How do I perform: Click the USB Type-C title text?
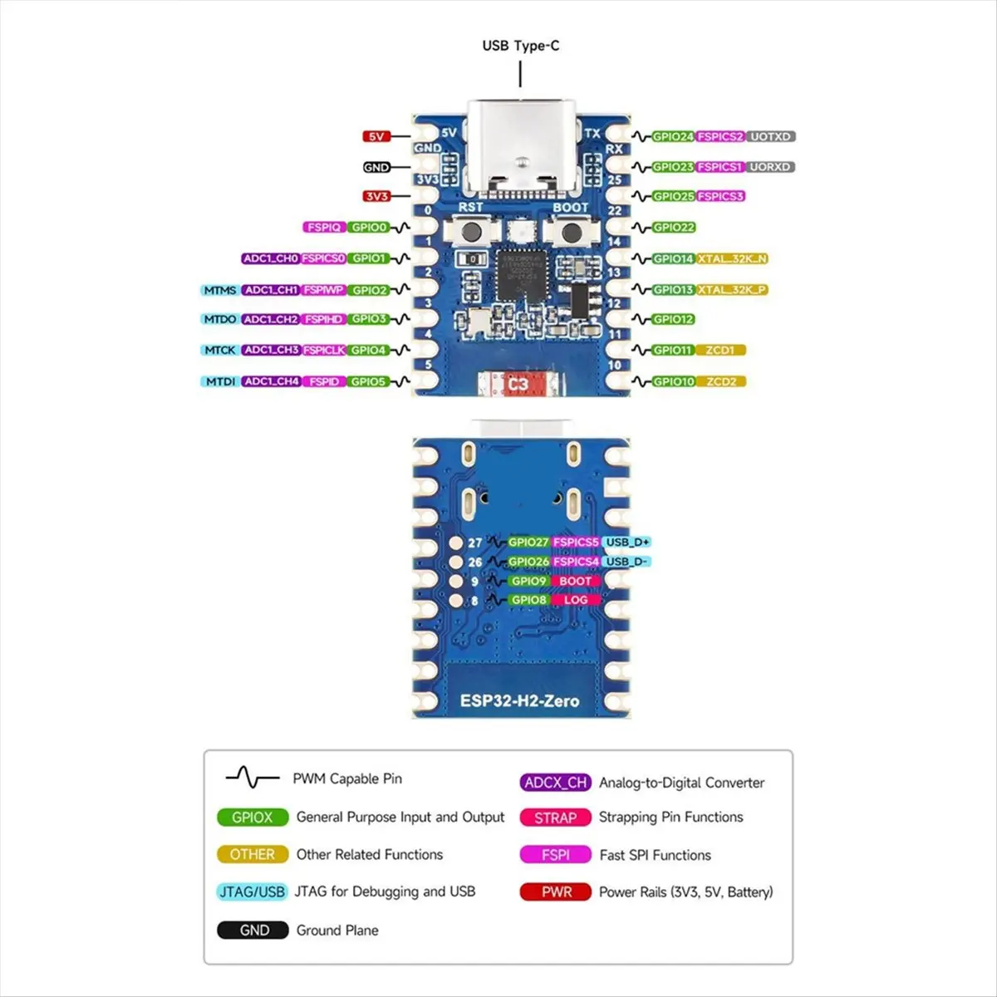[x=520, y=46]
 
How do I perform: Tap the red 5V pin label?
[x=376, y=136]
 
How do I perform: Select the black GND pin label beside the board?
[x=376, y=167]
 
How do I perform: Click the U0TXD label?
[x=770, y=136]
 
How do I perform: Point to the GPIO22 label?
[x=673, y=228]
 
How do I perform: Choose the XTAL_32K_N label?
[x=732, y=258]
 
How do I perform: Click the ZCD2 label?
[x=720, y=381]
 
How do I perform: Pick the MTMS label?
[x=220, y=290]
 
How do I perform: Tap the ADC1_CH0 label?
[x=270, y=258]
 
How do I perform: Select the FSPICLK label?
[x=323, y=350]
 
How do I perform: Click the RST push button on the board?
[x=471, y=233]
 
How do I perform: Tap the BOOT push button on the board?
[x=570, y=233]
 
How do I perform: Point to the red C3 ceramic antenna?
[x=518, y=384]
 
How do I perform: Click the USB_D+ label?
[x=627, y=542]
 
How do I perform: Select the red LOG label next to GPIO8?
[x=575, y=600]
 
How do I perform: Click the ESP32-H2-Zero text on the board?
[x=519, y=700]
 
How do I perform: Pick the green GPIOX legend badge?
[x=252, y=818]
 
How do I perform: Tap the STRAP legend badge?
[x=555, y=818]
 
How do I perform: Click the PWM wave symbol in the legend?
[x=252, y=778]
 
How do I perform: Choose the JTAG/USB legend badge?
[x=252, y=891]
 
